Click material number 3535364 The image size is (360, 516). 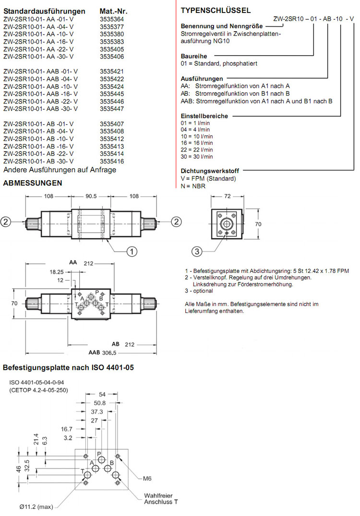(112, 19)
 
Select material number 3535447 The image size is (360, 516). (112, 109)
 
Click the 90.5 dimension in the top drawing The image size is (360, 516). (91, 196)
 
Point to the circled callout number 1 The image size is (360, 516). (132, 250)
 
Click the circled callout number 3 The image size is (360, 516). (197, 251)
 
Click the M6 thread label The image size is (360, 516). (147, 478)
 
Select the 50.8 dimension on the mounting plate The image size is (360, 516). (100, 403)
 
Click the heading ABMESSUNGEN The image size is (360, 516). (33, 183)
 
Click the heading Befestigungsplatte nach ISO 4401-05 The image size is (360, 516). (68, 368)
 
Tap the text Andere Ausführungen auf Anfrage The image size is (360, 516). (60, 170)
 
